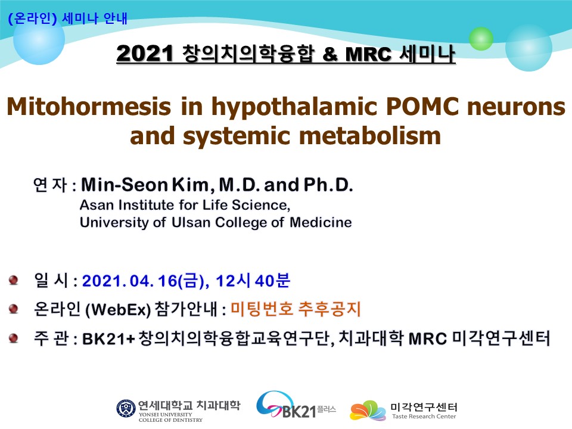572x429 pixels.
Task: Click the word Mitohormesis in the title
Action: tap(89, 107)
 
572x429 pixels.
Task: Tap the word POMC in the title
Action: tap(422, 107)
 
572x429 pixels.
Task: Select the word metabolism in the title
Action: tap(370, 136)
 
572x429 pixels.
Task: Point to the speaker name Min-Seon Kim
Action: tap(144, 185)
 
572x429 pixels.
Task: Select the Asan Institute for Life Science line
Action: tap(185, 205)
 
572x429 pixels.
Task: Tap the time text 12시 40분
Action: tap(253, 281)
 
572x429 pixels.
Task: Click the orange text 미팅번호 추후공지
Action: tap(296, 309)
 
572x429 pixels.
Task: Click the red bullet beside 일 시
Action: tap(14, 280)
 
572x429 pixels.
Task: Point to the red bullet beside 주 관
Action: tap(14, 338)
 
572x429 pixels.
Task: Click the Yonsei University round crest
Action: tap(126, 408)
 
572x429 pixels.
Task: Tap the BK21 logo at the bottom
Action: tap(296, 405)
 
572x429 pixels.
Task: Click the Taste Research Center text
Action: tap(424, 416)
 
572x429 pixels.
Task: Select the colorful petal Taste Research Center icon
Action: tap(368, 411)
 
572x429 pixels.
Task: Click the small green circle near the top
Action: tap(481, 39)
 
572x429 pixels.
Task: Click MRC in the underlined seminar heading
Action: tap(368, 54)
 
